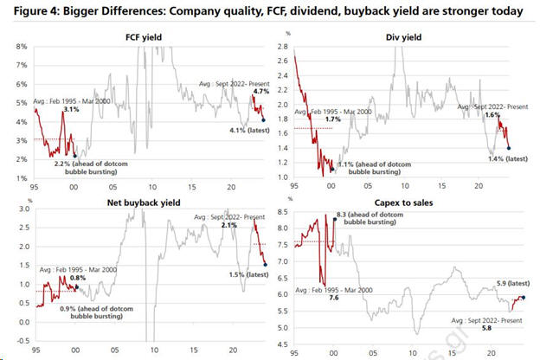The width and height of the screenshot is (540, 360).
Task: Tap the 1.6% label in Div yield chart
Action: pyautogui.click(x=492, y=114)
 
